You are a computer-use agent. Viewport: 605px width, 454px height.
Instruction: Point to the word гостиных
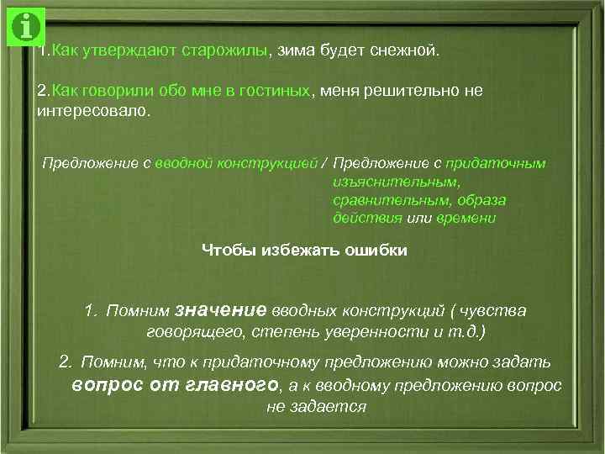tap(275, 90)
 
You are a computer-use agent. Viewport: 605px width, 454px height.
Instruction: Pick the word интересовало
tap(92, 111)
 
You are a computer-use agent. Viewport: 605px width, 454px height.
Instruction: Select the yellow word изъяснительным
tap(397, 181)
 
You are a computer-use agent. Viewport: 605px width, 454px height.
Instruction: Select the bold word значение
tap(223, 310)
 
